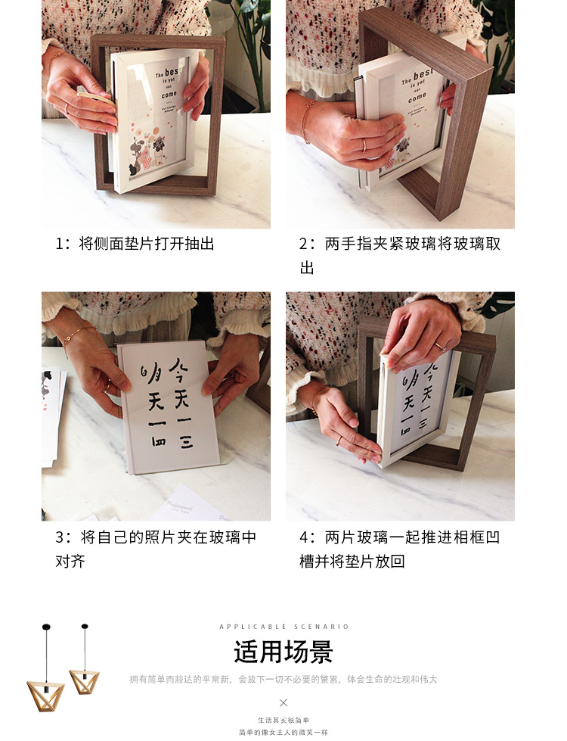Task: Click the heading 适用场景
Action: coord(283,652)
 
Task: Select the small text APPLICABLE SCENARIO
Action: coord(283,627)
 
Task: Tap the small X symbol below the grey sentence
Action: coord(283,702)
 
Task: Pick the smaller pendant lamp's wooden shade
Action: coord(84,679)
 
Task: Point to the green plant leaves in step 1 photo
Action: coord(246,38)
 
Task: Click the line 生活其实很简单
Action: coord(283,720)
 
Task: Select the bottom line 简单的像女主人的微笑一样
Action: coord(283,732)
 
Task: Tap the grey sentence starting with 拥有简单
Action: coord(283,680)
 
